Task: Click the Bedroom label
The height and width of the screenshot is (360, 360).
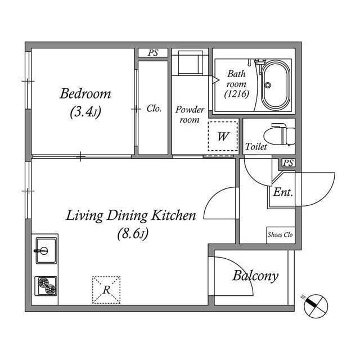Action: point(85,93)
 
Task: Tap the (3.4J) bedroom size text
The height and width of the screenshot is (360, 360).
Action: point(85,112)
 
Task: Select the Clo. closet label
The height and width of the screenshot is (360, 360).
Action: point(154,109)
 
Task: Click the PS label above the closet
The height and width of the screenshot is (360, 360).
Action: point(153,53)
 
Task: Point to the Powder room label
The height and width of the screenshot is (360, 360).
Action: point(190,114)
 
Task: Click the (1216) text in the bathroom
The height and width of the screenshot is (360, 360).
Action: point(236,94)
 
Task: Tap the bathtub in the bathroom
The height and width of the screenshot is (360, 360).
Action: point(275,85)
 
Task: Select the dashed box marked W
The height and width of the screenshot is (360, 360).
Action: point(223,136)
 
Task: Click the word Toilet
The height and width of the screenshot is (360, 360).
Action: point(256,146)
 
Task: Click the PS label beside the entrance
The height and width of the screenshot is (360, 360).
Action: point(288,163)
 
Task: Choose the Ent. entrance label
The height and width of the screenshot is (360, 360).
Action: point(282,192)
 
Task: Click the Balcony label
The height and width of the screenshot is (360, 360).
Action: point(255,276)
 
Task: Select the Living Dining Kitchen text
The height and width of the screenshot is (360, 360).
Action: point(131,215)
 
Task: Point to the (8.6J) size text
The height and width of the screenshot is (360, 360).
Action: point(132,233)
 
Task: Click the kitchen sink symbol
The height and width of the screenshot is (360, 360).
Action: point(44,248)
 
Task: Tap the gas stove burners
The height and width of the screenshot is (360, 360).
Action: point(46,287)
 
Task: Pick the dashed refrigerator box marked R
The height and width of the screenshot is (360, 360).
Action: point(106,290)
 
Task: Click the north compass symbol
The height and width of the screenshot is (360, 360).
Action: point(315,306)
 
